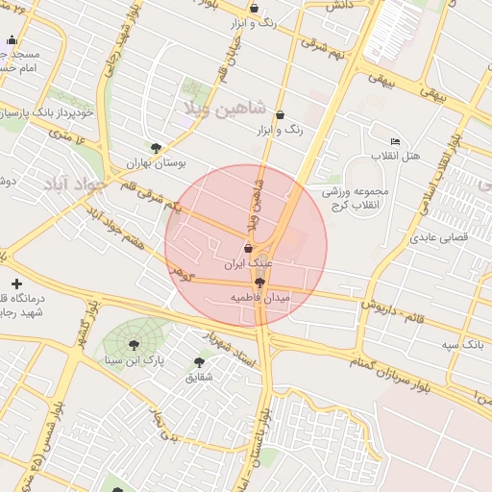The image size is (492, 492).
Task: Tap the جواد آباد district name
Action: pos(70,182)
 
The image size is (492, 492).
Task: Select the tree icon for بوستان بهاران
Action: pos(157,147)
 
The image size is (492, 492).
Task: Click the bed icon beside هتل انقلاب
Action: pos(395,141)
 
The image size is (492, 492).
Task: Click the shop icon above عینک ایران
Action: pos(249,249)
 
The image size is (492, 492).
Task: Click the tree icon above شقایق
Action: pos(199,362)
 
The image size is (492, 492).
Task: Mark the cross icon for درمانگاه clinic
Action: pos(16,283)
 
